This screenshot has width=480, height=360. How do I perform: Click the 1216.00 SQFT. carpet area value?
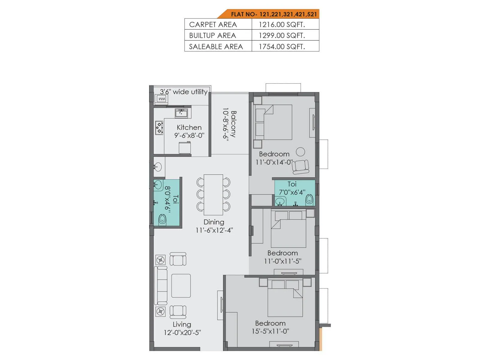point(282,25)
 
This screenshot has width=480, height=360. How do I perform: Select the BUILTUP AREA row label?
point(212,35)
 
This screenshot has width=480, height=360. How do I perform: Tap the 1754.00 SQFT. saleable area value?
point(282,46)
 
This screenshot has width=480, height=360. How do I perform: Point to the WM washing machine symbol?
point(162,99)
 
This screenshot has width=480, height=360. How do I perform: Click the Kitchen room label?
point(189,127)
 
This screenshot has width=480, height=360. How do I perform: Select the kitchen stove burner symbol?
point(159,128)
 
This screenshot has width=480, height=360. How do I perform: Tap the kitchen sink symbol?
point(181,113)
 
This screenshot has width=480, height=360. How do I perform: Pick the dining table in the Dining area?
point(213,195)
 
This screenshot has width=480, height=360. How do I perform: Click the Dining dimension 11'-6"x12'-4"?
point(214,230)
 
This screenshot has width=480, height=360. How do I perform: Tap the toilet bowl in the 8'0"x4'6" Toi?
point(162,219)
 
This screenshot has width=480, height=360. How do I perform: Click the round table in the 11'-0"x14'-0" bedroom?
point(300,152)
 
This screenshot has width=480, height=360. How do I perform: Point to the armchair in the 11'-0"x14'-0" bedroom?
point(301,167)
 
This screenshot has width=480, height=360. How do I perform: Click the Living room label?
point(182,324)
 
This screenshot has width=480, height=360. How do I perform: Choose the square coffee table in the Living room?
point(181,286)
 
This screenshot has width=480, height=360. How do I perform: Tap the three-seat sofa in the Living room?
point(161,285)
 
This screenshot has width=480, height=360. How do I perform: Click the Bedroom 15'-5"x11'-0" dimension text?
point(270,331)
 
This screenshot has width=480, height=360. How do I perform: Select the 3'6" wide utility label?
point(184,92)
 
